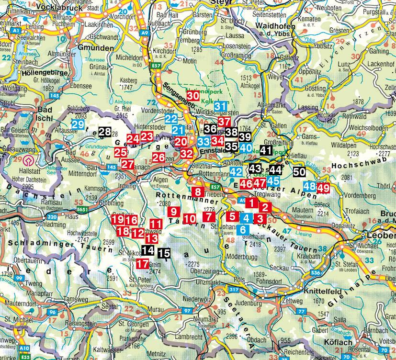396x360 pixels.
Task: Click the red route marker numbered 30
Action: click(x=193, y=95)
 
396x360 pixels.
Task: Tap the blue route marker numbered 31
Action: click(x=221, y=106)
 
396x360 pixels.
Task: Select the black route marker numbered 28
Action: click(x=105, y=131)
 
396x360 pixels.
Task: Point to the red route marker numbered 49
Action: click(x=323, y=188)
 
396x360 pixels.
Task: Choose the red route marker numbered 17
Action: click(x=142, y=263)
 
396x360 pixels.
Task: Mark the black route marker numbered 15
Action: click(x=164, y=253)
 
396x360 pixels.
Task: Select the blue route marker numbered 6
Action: click(x=243, y=229)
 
